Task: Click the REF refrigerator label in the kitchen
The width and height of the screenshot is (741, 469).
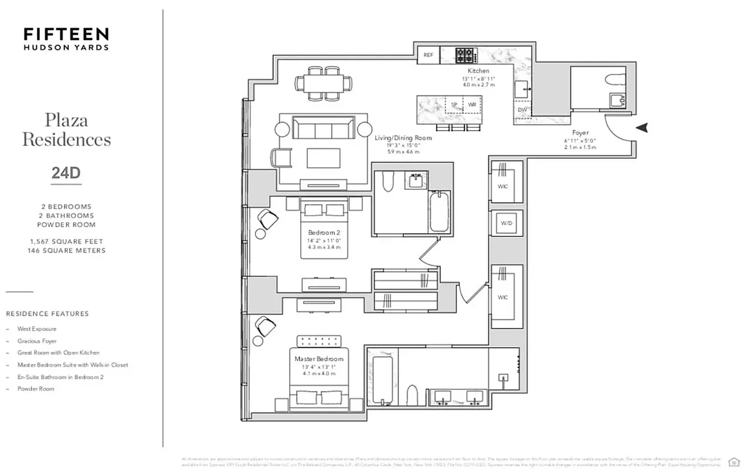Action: coord(428,55)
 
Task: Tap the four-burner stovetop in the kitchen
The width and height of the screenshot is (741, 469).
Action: coord(466,55)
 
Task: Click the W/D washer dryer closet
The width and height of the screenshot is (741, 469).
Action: coord(506,223)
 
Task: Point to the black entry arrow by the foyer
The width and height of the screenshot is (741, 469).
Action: coord(642,127)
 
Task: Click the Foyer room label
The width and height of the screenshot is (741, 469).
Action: coord(580,133)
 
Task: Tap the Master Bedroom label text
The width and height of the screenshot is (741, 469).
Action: coord(319,359)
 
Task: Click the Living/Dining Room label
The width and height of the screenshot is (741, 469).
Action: coord(403,138)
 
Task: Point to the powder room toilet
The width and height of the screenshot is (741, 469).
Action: coord(615,80)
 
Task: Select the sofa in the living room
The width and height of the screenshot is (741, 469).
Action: coord(324,128)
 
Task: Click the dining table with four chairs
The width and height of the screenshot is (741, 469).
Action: coord(324,84)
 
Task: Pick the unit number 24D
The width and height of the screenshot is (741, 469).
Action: coord(66,173)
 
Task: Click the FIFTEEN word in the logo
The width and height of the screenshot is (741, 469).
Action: coord(66,33)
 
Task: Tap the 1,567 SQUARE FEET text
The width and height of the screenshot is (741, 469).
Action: coord(66,242)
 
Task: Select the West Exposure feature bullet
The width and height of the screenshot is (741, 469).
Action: coord(36,329)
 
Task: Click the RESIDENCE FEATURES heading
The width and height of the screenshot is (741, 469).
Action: coord(47,314)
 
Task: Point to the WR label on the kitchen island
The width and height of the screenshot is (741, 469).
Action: coord(472,105)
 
